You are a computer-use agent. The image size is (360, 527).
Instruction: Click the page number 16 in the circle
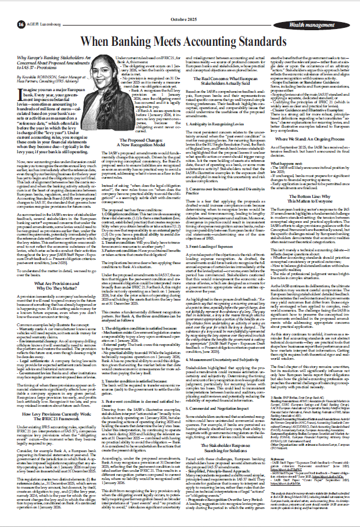point(21,24)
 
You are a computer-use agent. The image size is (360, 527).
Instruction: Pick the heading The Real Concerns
point(232,80)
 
